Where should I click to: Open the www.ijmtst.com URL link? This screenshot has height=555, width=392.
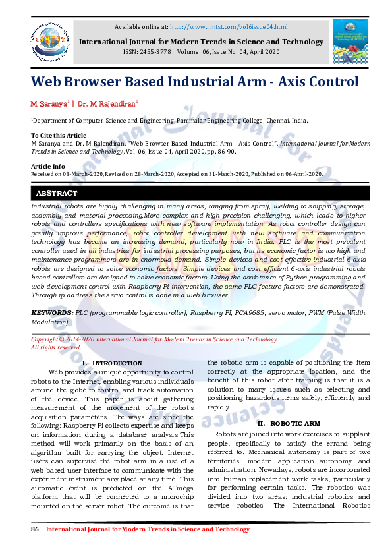pos(229,27)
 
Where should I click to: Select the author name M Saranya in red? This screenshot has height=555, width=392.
pos(49,104)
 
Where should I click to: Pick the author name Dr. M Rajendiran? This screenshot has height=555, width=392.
pos(107,104)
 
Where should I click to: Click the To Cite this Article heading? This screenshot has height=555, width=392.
pos(59,134)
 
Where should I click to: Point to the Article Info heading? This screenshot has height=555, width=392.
pos(48,166)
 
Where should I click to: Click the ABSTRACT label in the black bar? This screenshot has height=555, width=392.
pos(57,194)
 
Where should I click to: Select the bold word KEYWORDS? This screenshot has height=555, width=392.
pos(52,311)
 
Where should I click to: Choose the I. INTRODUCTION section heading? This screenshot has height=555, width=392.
pos(111,363)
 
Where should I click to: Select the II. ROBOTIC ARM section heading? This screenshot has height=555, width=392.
pos(289,423)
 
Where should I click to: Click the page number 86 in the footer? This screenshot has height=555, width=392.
pos(36,529)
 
